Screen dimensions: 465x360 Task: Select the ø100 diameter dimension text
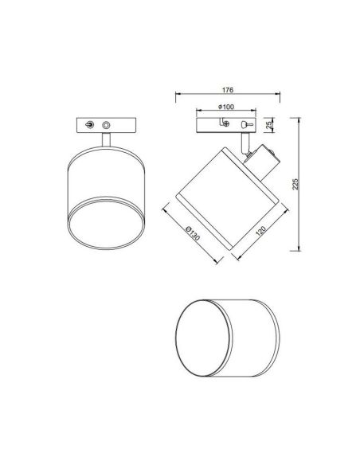[x=225, y=107]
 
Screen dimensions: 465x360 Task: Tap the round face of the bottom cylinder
[x=198, y=338]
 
